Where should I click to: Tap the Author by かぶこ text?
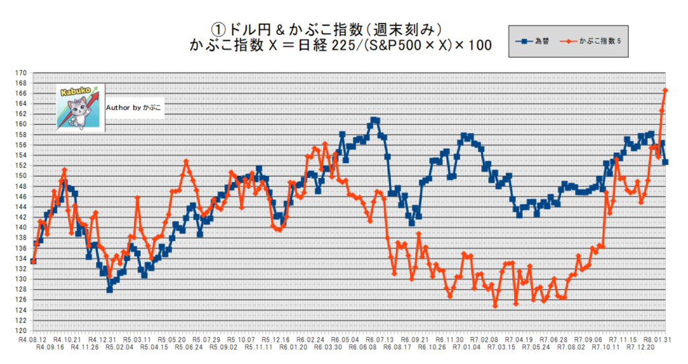[134, 107]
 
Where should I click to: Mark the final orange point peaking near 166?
[665, 90]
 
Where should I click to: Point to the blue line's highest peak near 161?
[374, 120]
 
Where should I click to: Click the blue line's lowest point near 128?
[110, 289]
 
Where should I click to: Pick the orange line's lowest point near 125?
[495, 306]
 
